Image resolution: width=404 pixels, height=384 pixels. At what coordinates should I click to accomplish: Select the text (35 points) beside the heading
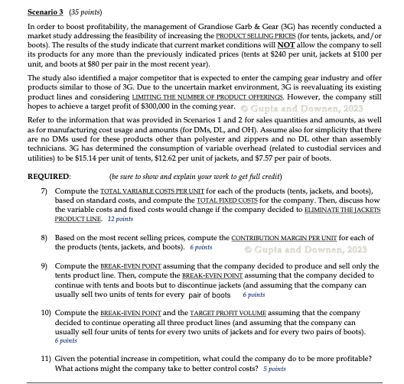coord(80,12)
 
